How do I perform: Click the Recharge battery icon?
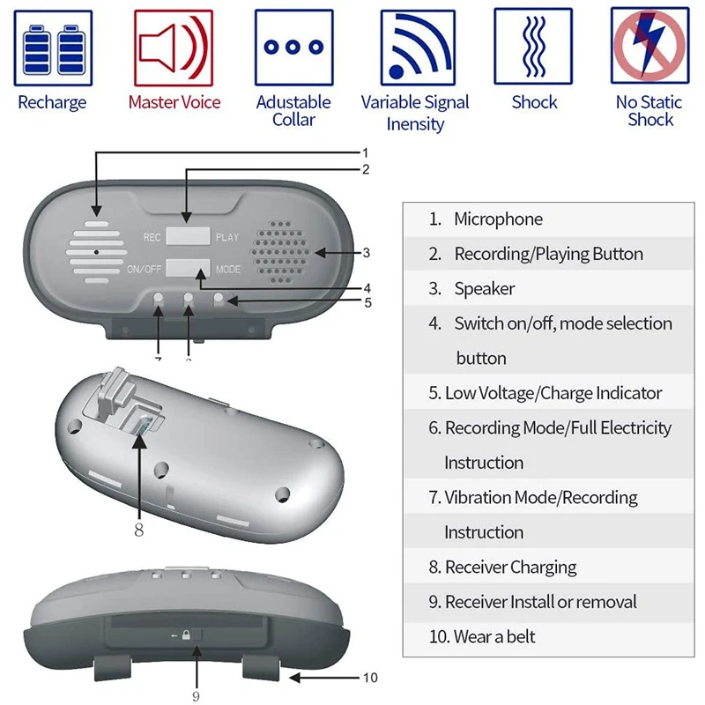(53, 48)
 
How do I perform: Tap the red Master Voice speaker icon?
(173, 48)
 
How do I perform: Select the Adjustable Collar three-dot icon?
(293, 48)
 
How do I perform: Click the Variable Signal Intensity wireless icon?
(415, 48)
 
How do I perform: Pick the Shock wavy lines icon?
(533, 48)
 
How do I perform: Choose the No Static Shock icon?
(649, 48)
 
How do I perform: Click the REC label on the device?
(152, 238)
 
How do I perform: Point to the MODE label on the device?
(228, 270)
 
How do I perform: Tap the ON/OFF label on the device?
(144, 270)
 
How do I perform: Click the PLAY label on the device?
(227, 238)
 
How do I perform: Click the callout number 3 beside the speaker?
(366, 253)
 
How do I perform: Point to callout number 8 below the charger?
(138, 530)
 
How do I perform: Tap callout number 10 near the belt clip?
(369, 677)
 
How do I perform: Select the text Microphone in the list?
(498, 219)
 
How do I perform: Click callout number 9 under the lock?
(196, 696)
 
